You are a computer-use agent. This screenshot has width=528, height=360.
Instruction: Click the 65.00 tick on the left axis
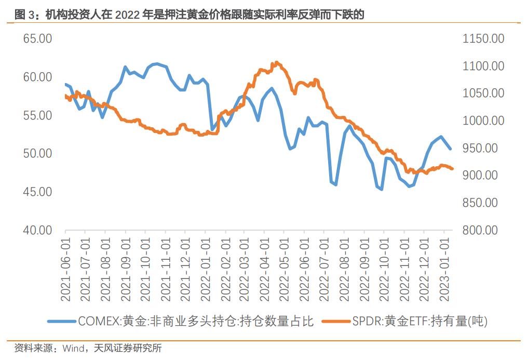tap(37, 39)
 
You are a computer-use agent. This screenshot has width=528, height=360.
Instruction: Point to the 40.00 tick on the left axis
tap(37, 230)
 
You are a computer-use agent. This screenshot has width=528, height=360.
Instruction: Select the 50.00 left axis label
tap(37, 154)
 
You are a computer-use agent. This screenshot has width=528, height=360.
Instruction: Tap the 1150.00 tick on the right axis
tap(482, 39)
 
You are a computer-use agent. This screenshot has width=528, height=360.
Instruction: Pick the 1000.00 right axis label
tap(482, 121)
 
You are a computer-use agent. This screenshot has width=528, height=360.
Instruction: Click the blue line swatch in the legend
tap(62, 322)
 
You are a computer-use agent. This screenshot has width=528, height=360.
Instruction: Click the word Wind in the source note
tap(73, 348)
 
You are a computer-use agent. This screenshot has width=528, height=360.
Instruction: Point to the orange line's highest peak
tap(277, 62)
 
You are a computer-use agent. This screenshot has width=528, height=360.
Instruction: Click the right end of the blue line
tap(450, 149)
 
